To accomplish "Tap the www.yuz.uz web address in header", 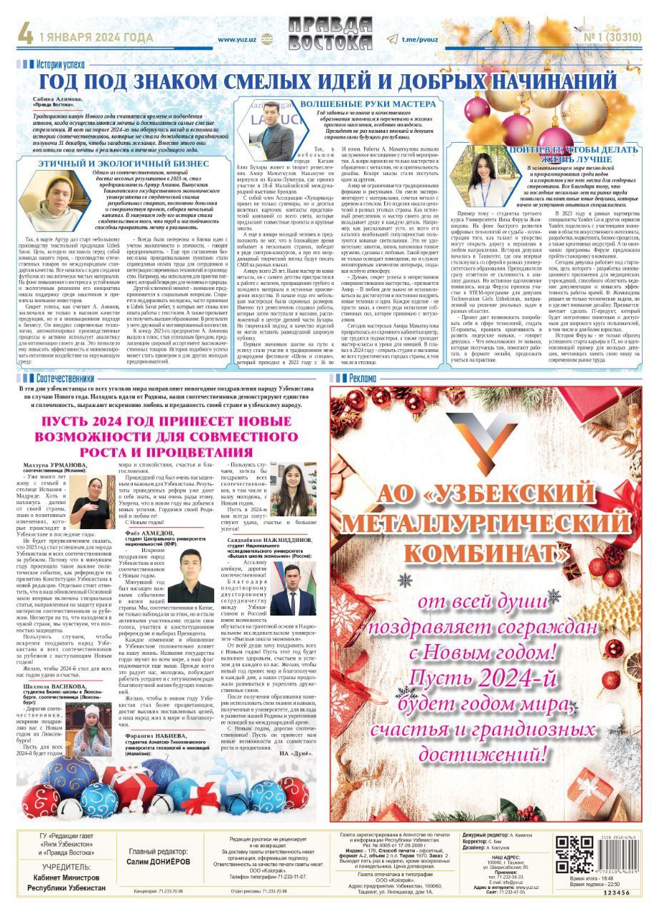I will [238, 41].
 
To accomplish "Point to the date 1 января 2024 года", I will [90, 37].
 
